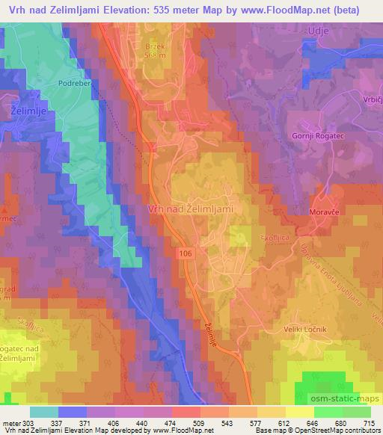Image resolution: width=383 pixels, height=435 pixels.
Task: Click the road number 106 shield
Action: [x=186, y=255]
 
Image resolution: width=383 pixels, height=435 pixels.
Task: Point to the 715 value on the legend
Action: [x=368, y=422]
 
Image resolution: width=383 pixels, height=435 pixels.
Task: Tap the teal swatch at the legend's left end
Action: [x=44, y=412]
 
